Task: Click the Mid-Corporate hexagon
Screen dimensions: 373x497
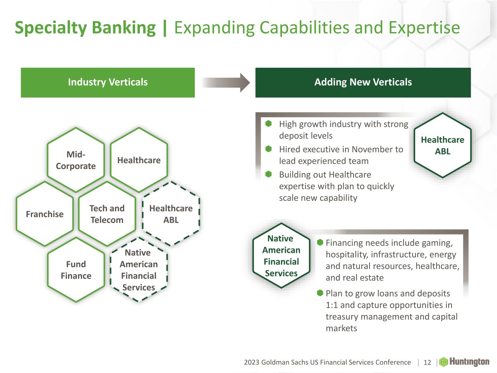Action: [x=76, y=160]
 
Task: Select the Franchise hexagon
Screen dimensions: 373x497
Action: [x=45, y=214]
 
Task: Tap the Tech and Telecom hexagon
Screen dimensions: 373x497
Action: [x=107, y=214]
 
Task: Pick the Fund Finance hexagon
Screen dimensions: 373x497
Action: [x=76, y=270]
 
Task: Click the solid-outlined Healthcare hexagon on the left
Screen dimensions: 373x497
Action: [x=139, y=160]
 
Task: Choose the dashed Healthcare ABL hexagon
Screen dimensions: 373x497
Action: [x=171, y=214]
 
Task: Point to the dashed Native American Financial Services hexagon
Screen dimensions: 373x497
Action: [x=139, y=270]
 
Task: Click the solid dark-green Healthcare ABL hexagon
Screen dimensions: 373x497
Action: [x=442, y=145]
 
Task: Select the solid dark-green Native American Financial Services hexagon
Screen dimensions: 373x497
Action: [x=281, y=256]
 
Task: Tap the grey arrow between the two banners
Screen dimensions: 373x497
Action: [x=226, y=83]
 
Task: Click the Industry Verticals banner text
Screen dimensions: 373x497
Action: [x=108, y=82]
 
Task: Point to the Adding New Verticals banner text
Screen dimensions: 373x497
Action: [x=363, y=82]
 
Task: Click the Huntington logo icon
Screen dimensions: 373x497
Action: [x=443, y=362]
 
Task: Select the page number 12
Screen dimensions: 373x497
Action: [x=427, y=362]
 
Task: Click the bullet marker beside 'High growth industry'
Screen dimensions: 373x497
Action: [x=269, y=124]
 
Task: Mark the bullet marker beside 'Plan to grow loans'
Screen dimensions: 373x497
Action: [x=320, y=293]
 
